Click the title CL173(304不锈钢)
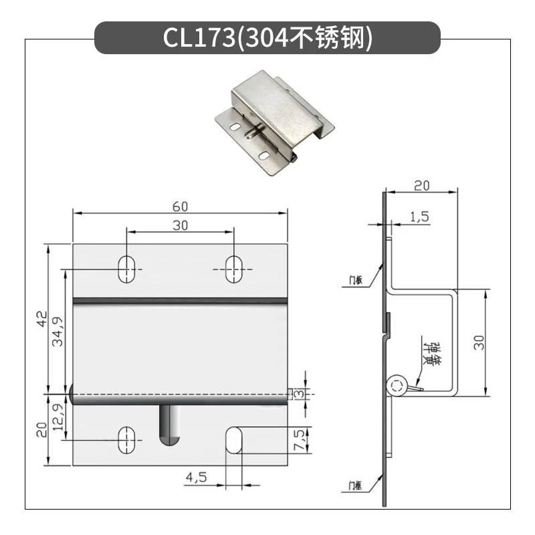267,37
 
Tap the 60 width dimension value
180,207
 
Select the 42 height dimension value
42,319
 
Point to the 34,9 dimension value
58,332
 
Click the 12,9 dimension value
58,417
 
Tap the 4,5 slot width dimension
196,477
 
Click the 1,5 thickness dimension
419,217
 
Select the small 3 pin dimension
299,394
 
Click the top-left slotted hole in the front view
126,270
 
